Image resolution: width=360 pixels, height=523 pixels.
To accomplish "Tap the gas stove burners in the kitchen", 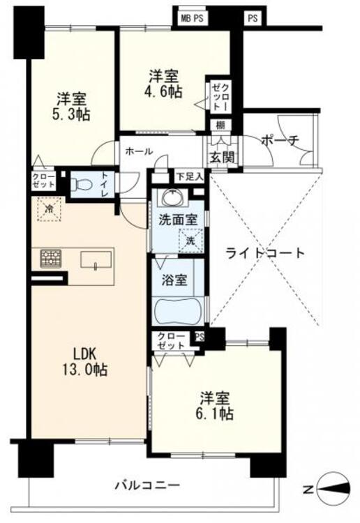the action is [x=51, y=259].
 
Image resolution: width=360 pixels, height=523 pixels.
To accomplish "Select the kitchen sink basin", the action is [x=96, y=260].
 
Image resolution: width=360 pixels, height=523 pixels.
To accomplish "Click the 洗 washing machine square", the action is [x=190, y=241].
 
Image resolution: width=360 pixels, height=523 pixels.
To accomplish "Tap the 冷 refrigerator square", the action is [x=50, y=209].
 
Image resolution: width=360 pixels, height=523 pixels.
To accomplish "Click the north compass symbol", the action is [x=333, y=490].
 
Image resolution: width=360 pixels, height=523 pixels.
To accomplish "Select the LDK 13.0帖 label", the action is [x=84, y=361].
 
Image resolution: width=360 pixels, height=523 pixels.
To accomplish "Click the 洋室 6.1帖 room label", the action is [x=215, y=405].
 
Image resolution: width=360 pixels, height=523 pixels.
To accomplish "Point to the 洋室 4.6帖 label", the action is [x=165, y=84].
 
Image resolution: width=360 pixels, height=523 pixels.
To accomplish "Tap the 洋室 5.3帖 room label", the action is [x=71, y=107].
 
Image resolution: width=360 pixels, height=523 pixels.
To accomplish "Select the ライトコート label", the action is [x=265, y=254].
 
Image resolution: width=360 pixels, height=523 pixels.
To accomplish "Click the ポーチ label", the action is [x=280, y=141].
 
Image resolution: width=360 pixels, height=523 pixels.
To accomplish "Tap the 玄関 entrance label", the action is [x=221, y=156].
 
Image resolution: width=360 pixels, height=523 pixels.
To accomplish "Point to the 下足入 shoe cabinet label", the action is [x=189, y=176].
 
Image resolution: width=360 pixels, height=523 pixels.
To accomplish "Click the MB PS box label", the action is [x=192, y=18].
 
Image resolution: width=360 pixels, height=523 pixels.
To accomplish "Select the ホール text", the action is [x=139, y=151].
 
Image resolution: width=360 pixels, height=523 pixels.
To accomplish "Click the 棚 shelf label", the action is [x=220, y=126].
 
